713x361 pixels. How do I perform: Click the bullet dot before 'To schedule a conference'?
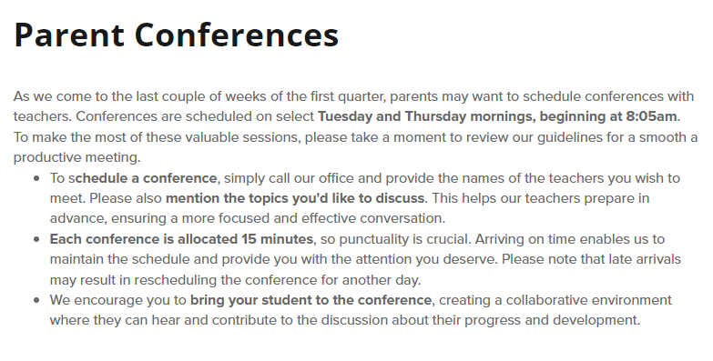36,177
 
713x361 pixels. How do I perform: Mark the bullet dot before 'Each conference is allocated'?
36,239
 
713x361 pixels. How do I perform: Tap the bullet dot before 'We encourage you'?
36,300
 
